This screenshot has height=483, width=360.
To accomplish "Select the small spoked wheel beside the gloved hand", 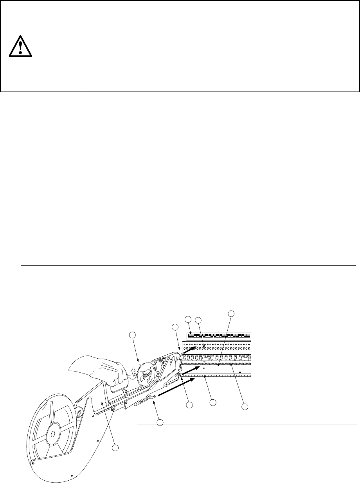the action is click(146, 375).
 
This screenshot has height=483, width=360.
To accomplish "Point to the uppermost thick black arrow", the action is click(189, 349).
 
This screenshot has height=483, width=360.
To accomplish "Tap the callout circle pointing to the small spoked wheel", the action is click(133, 335).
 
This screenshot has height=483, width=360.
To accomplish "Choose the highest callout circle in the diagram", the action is click(231, 313).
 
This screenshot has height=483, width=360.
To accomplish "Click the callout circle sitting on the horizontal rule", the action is click(160, 422).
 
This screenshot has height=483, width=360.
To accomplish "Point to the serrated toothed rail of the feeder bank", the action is click(219, 364).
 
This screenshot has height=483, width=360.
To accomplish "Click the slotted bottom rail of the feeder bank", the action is click(219, 375).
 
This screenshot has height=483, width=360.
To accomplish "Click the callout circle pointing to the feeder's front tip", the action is click(175, 327).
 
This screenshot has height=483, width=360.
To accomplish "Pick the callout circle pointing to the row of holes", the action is click(198, 320).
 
